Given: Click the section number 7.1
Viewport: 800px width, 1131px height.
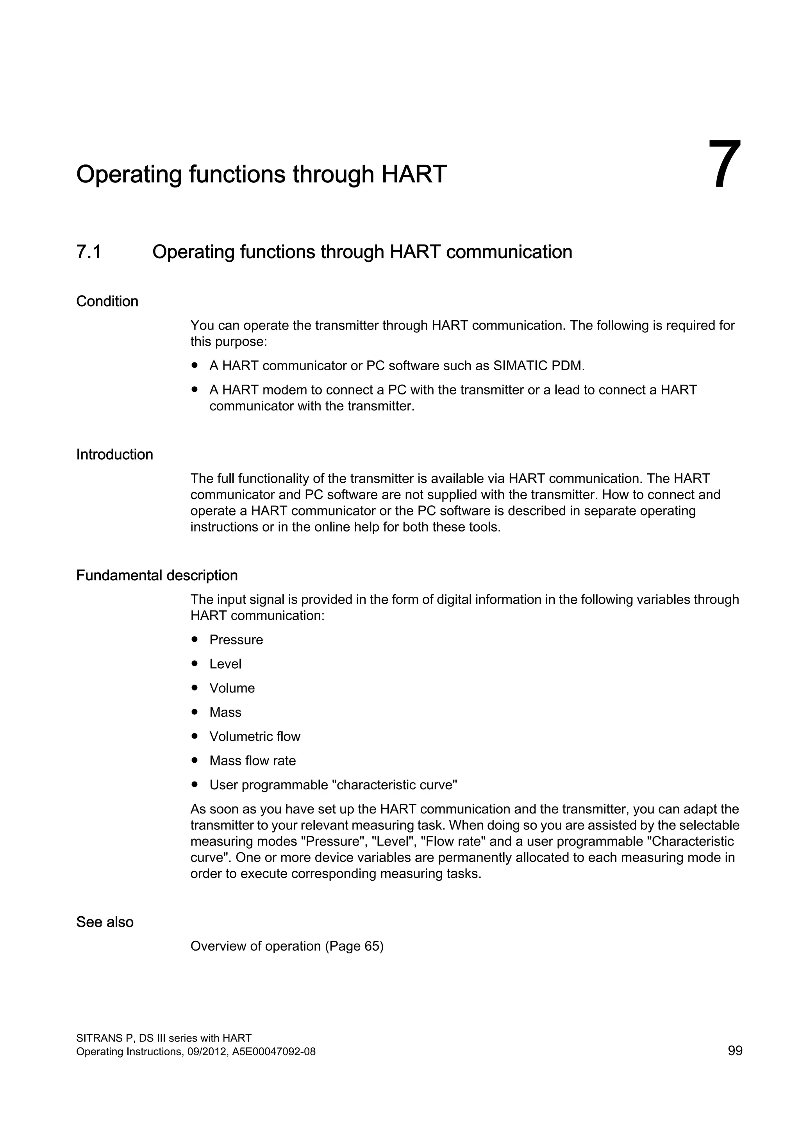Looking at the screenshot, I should click(89, 252).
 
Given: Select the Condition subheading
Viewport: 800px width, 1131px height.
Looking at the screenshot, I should click(107, 301).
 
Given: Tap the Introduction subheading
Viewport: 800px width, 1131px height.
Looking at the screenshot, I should click(114, 454).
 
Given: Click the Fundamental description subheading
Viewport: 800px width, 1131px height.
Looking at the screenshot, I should click(157, 575).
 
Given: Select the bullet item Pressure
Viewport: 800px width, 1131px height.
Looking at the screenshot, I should click(236, 640).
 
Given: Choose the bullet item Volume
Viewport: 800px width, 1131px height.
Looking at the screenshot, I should click(232, 688).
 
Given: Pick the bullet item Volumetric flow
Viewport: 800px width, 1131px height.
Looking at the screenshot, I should click(255, 737).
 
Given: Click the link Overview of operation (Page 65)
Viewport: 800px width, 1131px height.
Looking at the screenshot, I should click(287, 946).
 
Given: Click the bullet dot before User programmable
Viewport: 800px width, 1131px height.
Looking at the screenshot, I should click(195, 784).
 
